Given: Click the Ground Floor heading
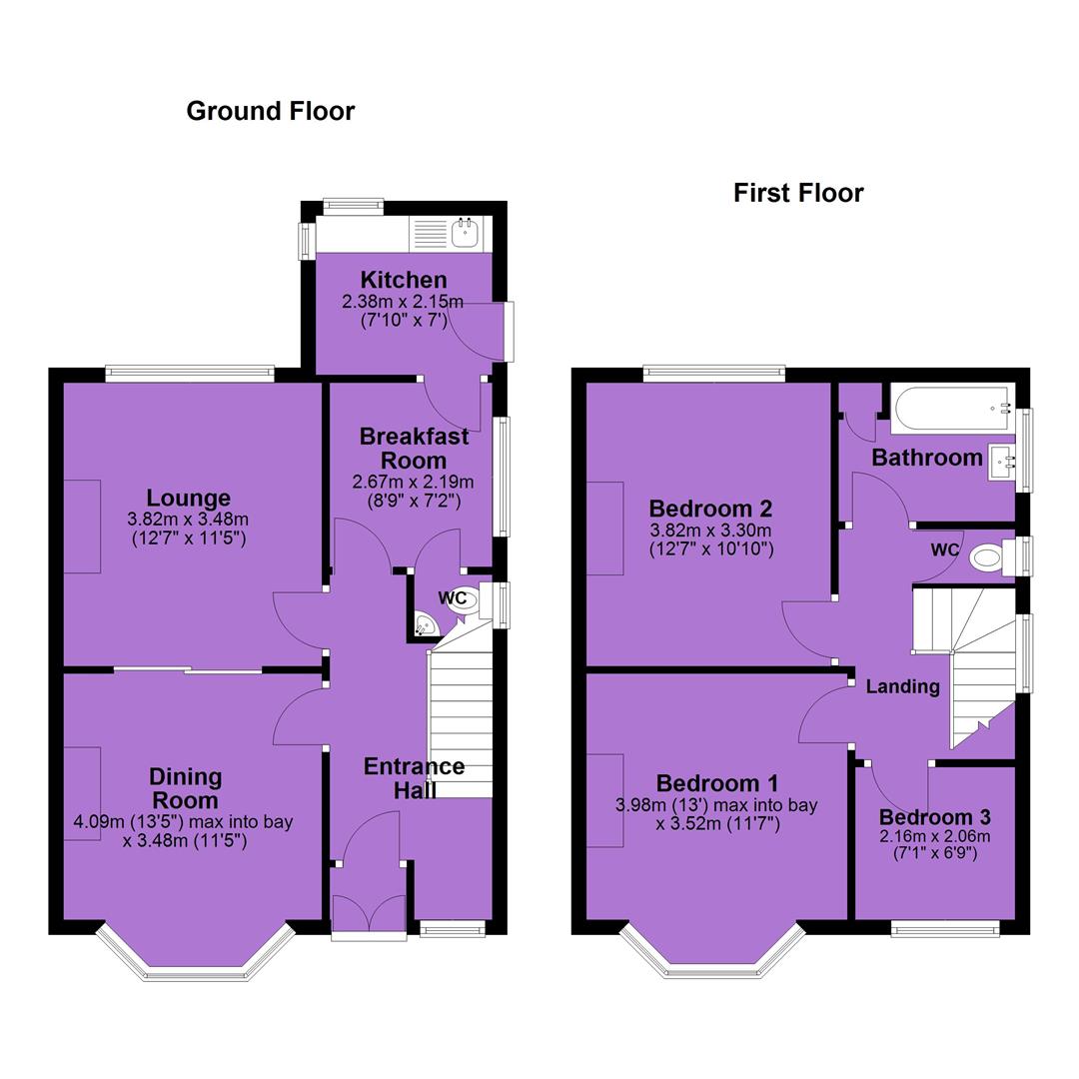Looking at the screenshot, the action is (271, 111).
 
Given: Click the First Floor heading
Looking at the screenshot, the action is (798, 193).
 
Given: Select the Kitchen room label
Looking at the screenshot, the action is (404, 280).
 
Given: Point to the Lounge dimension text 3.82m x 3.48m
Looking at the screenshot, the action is (188, 520).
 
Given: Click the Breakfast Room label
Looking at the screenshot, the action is (414, 448).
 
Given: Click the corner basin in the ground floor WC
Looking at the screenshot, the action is (426, 624).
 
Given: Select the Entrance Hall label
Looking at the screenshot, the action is (414, 778).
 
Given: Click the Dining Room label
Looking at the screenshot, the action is (185, 788).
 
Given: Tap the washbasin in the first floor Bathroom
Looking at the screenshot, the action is (1002, 463).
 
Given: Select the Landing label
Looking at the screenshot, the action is (902, 686).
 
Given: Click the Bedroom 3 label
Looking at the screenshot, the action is (934, 817).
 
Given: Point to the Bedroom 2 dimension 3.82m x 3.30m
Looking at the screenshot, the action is (711, 531).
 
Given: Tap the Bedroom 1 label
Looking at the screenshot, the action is (717, 783).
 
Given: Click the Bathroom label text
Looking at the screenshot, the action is (927, 458).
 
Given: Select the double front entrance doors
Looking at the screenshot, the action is (369, 913).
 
